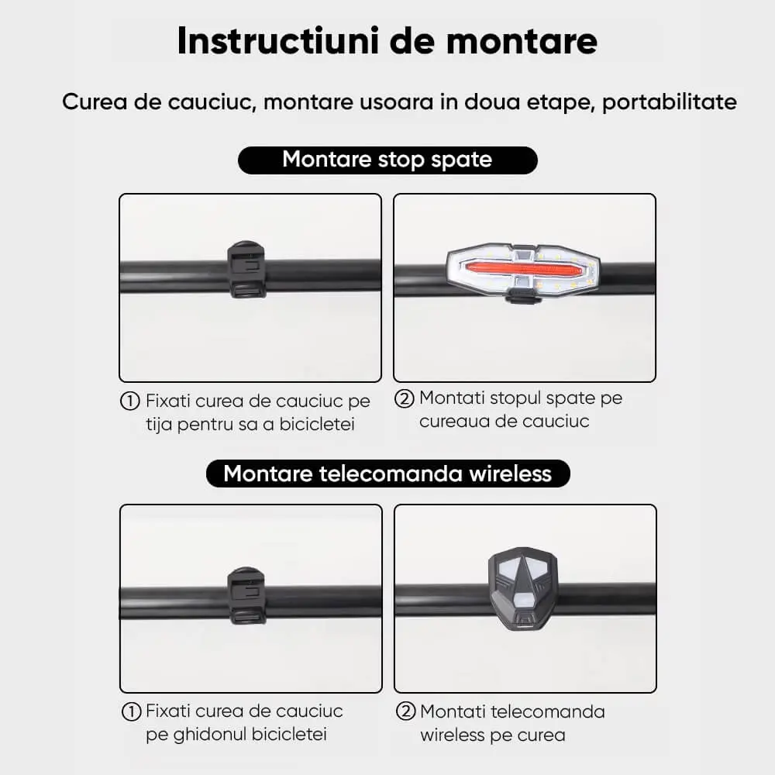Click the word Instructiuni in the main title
coord(278,40)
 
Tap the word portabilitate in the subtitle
coord(670,102)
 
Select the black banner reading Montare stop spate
coord(387,160)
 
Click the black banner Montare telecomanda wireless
coord(388,474)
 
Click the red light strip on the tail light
coord(525,270)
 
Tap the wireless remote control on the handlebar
coord(523,587)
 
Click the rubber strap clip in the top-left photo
coord(246,270)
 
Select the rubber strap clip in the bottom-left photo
coord(246,595)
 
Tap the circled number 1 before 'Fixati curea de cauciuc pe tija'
coord(130,401)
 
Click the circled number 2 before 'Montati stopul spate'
coord(404,398)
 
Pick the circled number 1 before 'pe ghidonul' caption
coord(131,711)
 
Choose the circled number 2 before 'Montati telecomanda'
coord(405,711)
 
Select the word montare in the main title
coord(522,42)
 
